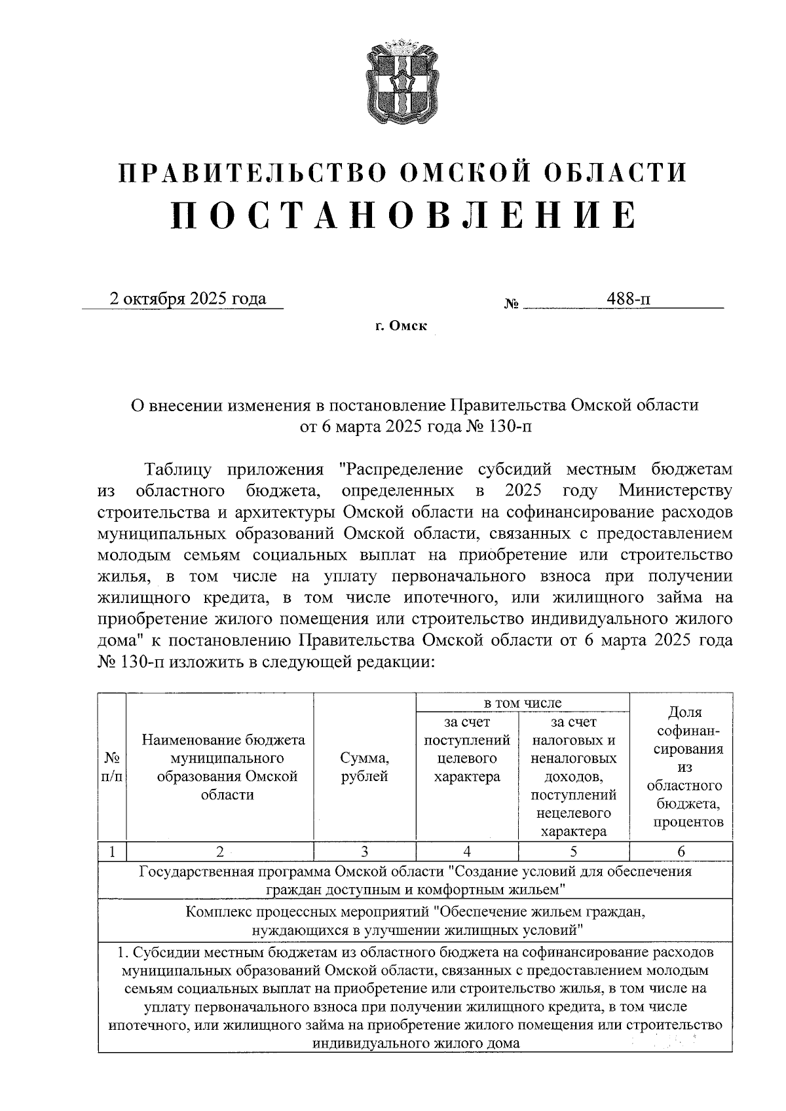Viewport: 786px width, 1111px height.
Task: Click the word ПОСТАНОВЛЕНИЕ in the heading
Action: pos(403,215)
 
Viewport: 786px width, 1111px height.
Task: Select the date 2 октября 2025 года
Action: pos(188,299)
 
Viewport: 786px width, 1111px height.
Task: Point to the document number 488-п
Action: pos(629,299)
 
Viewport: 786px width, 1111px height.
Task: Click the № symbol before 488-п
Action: pos(512,304)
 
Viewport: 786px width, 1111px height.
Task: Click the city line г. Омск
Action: pos(401,325)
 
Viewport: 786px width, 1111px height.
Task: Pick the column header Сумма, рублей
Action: pos(365,767)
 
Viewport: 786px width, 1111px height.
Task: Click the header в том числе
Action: pos(522,703)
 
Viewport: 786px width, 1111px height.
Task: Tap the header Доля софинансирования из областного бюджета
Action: pos(681,767)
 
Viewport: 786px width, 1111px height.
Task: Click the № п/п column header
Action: pos(112,767)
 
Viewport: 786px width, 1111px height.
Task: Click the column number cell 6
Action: pos(681,852)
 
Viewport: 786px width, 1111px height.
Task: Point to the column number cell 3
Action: pos(365,852)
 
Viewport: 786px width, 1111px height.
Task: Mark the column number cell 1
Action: pos(112,852)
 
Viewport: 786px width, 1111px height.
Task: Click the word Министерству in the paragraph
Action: pos(675,490)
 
